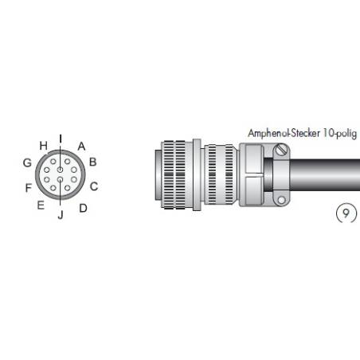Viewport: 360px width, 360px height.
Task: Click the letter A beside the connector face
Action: point(81,147)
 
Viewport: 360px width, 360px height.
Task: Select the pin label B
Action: point(92,162)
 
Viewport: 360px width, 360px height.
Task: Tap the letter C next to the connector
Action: point(93,187)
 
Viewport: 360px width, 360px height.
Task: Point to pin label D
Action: point(83,208)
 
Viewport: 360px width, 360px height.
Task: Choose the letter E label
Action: point(40,205)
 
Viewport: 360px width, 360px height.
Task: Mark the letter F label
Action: point(28,188)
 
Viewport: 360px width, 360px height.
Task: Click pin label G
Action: point(27,163)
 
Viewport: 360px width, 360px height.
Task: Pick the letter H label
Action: point(43,146)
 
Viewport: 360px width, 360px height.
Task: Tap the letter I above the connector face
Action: point(61,139)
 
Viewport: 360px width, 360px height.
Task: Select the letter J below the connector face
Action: point(60,213)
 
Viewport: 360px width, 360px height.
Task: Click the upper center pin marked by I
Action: point(61,169)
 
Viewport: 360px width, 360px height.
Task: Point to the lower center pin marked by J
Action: point(61,188)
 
